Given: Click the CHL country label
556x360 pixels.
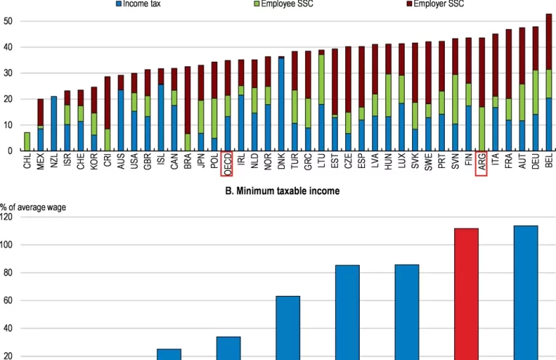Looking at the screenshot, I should coord(28,161).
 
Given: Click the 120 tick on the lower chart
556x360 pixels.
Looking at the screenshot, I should coord(8,217).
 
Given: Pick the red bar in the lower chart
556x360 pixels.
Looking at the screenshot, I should coord(467,294).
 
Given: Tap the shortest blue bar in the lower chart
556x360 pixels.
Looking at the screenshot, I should coord(169,354).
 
